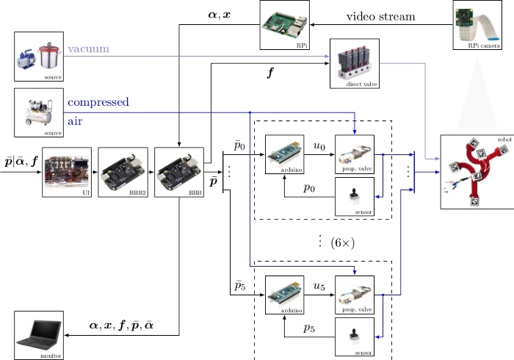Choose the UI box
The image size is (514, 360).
[x=67, y=173]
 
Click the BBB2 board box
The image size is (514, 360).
[x=123, y=173]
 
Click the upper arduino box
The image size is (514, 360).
[x=284, y=155]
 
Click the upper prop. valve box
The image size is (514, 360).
[x=354, y=155]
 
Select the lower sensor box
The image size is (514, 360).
[x=354, y=336]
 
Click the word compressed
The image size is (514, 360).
[x=98, y=102]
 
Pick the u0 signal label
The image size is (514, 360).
[x=319, y=147]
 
